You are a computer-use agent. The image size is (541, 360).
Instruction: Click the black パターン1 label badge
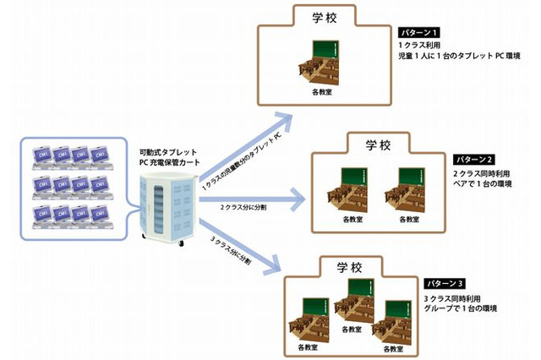tap(420, 31)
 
